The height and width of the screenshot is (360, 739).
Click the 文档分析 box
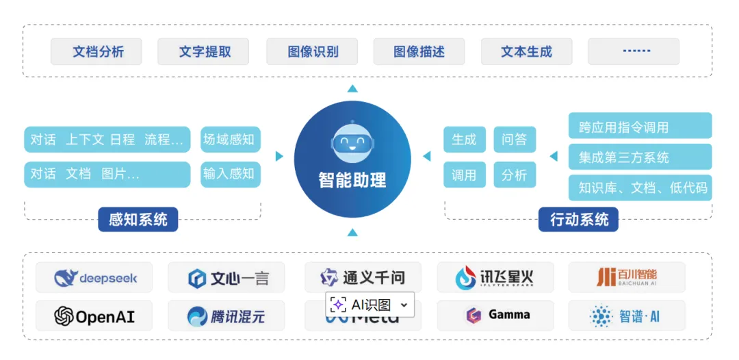pyautogui.click(x=96, y=52)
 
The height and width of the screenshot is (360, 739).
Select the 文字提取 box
pyautogui.click(x=203, y=52)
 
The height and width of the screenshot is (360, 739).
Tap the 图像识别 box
pyautogui.click(x=312, y=52)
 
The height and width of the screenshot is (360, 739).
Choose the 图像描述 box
pyautogui.click(x=419, y=52)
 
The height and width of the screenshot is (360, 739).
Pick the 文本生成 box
pyautogui.click(x=526, y=52)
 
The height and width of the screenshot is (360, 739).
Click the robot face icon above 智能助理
pyautogui.click(x=352, y=141)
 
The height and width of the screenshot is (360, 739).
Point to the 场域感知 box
pyautogui.click(x=230, y=140)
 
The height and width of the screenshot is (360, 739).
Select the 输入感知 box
pyautogui.click(x=230, y=174)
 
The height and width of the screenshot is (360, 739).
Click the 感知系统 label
pyautogui.click(x=138, y=220)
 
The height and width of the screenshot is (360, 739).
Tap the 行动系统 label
pyautogui.click(x=579, y=220)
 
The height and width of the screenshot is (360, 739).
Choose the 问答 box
pyautogui.click(x=515, y=140)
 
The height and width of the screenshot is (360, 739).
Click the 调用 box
pyautogui.click(x=464, y=175)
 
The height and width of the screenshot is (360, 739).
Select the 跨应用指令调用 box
pyautogui.click(x=640, y=127)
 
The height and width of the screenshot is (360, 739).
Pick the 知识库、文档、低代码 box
pyautogui.click(x=640, y=187)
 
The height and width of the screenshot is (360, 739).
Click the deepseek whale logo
pyautogui.click(x=66, y=278)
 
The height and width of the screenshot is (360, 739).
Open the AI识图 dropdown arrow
pyautogui.click(x=404, y=305)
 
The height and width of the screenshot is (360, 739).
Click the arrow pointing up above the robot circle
pyautogui.click(x=352, y=88)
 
